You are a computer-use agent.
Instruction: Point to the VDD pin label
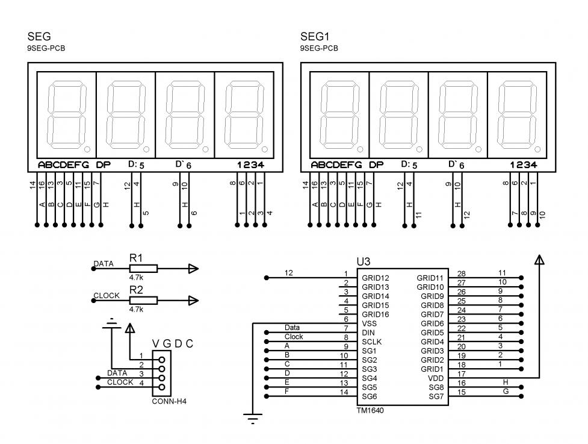click(x=436, y=378)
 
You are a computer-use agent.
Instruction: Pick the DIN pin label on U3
click(x=368, y=333)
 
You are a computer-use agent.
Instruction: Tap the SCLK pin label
click(x=371, y=342)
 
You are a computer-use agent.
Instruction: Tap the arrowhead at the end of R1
click(x=193, y=269)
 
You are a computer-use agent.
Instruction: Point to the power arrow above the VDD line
click(x=539, y=259)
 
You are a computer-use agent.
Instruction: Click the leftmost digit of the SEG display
click(x=66, y=113)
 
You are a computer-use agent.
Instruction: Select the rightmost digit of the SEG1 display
click(x=516, y=113)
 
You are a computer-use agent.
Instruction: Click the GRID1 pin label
click(x=432, y=369)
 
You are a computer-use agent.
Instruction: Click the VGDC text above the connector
click(x=173, y=344)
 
